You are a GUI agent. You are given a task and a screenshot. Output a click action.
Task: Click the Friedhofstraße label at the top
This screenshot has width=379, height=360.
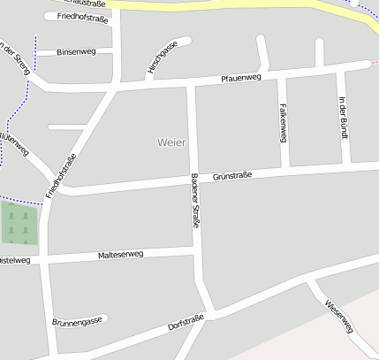pos(81,17)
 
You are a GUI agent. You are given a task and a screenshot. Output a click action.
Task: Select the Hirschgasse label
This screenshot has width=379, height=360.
pos(163,57)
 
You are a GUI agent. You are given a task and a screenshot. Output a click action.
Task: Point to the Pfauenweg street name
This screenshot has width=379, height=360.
pos(241,79)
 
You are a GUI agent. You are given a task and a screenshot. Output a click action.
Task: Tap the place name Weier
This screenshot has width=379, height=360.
pos(171,142)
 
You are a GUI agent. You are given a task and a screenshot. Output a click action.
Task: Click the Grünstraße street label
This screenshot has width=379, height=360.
pos(232,176)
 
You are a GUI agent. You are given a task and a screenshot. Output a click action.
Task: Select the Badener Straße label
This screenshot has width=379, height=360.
pos(195,201)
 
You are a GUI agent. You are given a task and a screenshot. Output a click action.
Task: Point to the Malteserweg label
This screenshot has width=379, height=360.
pos(122,255)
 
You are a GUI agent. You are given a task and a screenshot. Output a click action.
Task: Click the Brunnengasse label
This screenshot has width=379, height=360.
pos(79,320)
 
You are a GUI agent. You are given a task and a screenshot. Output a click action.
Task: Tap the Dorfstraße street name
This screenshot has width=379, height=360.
pos(186,322)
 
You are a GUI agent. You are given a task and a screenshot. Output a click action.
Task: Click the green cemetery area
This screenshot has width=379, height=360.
pos(19,223)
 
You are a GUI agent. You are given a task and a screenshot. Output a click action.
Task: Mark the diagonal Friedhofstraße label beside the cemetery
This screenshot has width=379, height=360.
pos(61,175)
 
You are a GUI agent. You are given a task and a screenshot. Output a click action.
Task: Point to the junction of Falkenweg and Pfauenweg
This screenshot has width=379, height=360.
pos(280,76)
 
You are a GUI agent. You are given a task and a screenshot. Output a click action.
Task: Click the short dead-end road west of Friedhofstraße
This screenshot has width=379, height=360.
pos(66,127)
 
